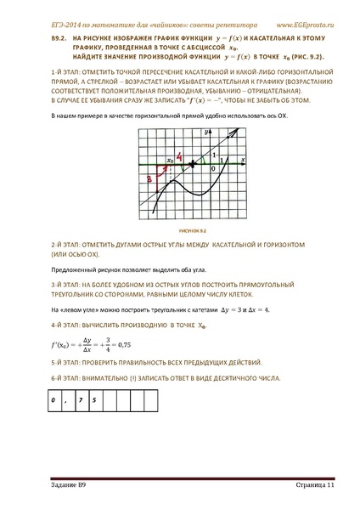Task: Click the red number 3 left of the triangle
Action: (x=149, y=179)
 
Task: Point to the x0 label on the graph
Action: (x=170, y=158)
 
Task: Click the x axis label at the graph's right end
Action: (x=243, y=159)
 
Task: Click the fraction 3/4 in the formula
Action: (x=107, y=344)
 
